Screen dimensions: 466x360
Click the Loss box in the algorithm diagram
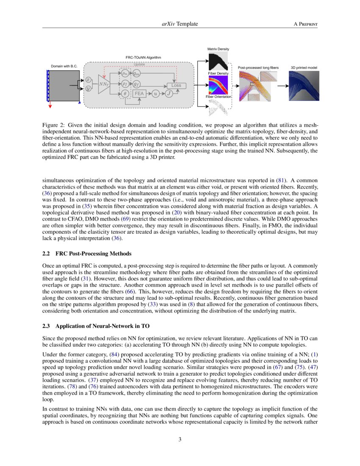176,85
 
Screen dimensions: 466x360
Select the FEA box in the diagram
139,94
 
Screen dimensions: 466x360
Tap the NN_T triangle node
103,84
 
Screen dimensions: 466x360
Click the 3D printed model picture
304,86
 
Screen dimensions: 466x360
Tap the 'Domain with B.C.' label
64,67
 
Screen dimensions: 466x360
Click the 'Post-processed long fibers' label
258,67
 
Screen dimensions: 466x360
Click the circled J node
169,94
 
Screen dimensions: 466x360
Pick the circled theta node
125,94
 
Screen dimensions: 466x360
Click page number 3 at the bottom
180,439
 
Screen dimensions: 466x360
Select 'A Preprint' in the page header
305,24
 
